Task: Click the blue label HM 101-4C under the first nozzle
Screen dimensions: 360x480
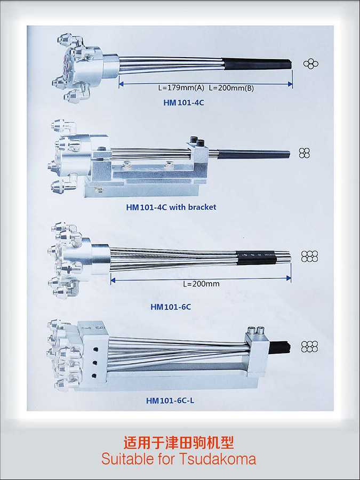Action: tap(183, 102)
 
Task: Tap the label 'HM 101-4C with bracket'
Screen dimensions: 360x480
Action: tap(171, 207)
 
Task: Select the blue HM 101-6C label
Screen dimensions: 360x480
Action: tap(171, 307)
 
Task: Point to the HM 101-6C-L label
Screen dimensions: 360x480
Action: tap(170, 401)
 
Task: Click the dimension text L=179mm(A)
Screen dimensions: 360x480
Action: tap(181, 88)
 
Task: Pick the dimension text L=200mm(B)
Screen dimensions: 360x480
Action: tap(231, 88)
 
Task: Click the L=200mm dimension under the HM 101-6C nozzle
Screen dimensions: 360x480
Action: tap(201, 284)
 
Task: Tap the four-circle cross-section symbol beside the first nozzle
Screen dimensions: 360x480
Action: tap(311, 63)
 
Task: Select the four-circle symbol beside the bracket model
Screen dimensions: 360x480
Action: tap(305, 153)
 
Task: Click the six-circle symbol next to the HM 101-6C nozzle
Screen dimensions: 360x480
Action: tap(309, 257)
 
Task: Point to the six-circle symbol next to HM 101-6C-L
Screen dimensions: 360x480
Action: tap(309, 347)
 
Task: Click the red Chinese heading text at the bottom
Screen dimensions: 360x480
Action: tap(179, 442)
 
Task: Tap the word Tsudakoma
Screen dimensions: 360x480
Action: tap(218, 459)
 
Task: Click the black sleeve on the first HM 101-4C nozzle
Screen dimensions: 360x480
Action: tap(257, 64)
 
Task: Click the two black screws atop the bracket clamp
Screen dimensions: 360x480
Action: tap(197, 142)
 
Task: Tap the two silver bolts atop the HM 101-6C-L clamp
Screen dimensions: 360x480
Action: tap(256, 330)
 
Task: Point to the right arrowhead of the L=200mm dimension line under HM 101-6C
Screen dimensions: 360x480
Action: tap(289, 278)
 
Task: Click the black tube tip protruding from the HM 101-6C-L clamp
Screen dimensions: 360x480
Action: tap(279, 347)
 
